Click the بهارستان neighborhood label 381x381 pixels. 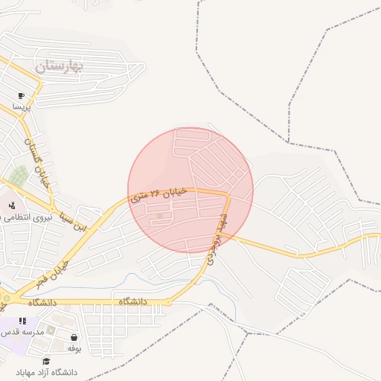pyautogui.click(x=60, y=66)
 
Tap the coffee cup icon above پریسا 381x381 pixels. pyautogui.click(x=21, y=96)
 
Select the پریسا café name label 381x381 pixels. pyautogui.click(x=22, y=106)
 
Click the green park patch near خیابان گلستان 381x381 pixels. pyautogui.click(x=19, y=177)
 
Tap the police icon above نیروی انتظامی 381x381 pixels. pyautogui.click(x=11, y=205)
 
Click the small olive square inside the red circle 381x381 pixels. pyautogui.click(x=159, y=217)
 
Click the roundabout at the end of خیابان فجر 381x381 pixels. pyautogui.click(x=7, y=298)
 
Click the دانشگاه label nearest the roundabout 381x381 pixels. pyautogui.click(x=43, y=303)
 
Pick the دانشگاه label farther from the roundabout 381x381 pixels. pyautogui.click(x=136, y=302)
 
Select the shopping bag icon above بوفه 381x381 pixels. pyautogui.click(x=74, y=337)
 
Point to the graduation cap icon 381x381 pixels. pyautogui.click(x=46, y=362)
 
